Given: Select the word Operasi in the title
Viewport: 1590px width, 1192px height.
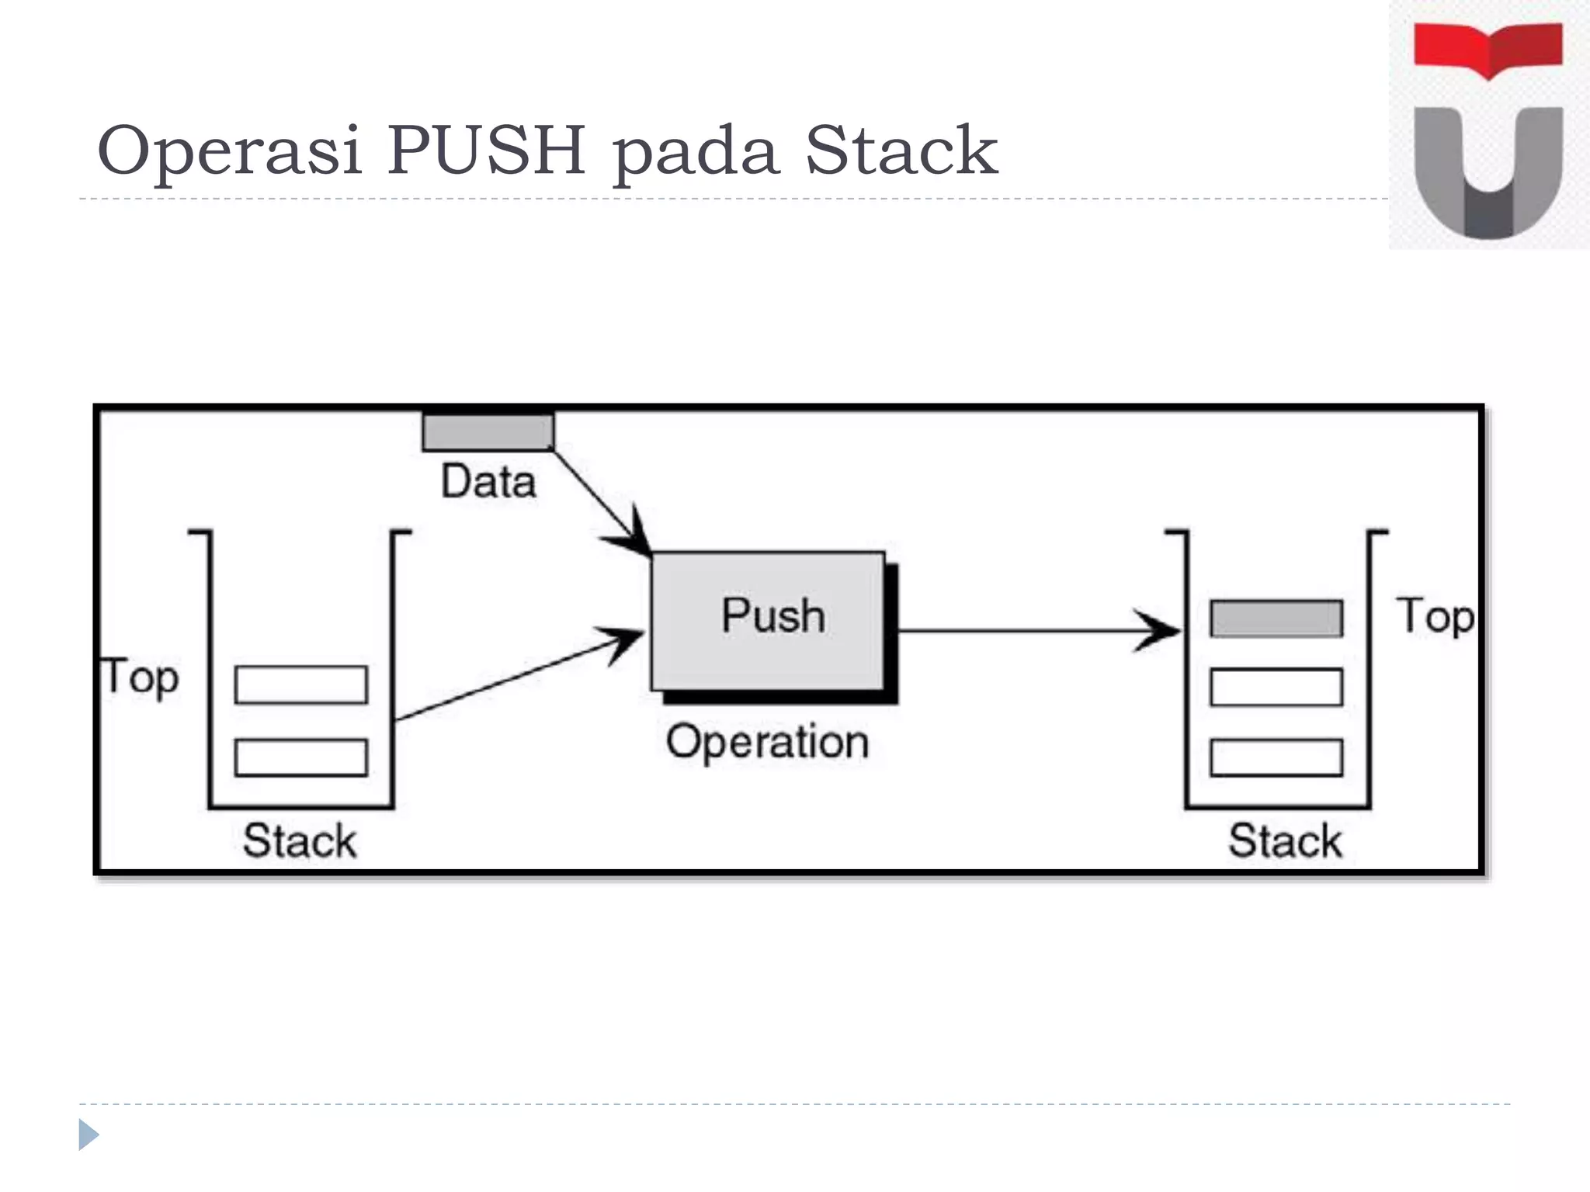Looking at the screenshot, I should tap(230, 151).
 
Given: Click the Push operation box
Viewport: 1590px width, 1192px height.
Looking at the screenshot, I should tap(768, 621).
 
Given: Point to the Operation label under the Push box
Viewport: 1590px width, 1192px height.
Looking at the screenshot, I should tap(767, 742).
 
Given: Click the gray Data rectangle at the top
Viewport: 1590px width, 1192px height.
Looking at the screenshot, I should tap(488, 432).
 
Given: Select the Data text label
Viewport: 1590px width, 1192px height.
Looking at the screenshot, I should tap(488, 482).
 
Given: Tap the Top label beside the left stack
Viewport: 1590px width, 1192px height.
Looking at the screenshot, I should tap(141, 677).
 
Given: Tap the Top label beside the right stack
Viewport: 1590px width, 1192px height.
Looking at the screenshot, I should tap(1435, 617).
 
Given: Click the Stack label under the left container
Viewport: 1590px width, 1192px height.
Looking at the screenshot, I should tap(300, 841).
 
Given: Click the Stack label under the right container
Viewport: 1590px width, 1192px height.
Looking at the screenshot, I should tap(1285, 841).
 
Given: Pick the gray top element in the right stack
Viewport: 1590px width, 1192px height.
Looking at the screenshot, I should tap(1276, 619).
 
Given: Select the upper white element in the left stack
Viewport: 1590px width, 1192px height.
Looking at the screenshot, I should tap(301, 684).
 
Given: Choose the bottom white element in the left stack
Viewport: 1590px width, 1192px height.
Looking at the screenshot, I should tap(301, 757).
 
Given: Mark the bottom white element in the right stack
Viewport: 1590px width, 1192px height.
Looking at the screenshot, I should tap(1276, 757).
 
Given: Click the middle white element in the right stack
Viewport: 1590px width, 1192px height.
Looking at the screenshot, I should tap(1276, 687).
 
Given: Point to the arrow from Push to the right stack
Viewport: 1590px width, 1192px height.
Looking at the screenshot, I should tap(1033, 631).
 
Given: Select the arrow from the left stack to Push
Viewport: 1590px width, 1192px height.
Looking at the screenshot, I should tap(512, 677).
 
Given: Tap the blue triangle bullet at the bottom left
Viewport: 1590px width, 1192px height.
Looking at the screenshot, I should tap(89, 1135).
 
